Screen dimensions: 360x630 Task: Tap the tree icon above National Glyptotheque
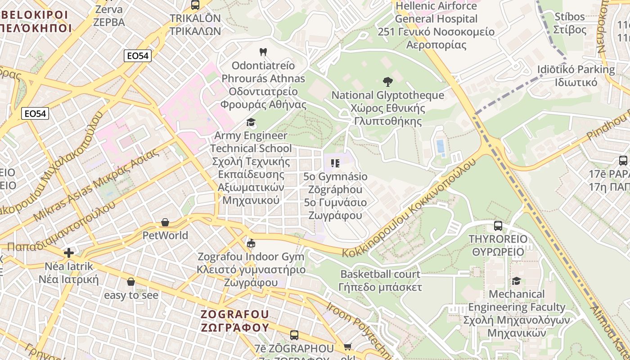tap(387, 82)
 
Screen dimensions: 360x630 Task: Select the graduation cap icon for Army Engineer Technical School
tap(251, 122)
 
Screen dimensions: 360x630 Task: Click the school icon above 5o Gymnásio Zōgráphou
tap(335, 163)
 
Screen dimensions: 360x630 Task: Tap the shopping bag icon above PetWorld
tap(165, 222)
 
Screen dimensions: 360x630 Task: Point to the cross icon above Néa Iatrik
tap(69, 253)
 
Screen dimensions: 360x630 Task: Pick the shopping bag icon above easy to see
tap(131, 282)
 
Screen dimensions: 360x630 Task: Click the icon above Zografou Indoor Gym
tap(251, 243)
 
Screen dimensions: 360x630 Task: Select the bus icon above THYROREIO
tap(498, 226)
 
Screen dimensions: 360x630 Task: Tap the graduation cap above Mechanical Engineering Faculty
tap(516, 281)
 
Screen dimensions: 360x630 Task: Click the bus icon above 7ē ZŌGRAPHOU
tap(294, 335)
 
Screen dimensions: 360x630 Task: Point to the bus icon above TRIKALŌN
tap(195, 5)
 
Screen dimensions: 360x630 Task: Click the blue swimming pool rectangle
tap(440, 146)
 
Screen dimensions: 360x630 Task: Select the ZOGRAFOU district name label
tap(234, 320)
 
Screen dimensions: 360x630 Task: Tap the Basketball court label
tap(380, 280)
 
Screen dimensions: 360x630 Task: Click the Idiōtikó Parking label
tap(576, 76)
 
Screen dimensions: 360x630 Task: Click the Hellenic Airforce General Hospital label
tap(436, 25)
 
